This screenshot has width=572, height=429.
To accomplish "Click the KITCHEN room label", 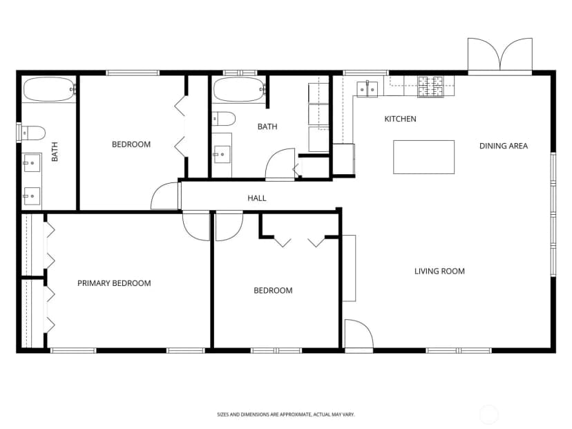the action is (x=400, y=119).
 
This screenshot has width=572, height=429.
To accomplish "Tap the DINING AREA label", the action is (x=504, y=146).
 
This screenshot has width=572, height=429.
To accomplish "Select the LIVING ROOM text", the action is (x=439, y=271).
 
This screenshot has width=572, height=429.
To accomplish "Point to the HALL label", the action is (x=257, y=198).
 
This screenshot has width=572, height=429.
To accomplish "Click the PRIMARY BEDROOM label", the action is (x=114, y=283).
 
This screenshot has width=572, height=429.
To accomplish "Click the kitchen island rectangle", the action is (x=424, y=157).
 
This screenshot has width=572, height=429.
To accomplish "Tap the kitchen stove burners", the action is (x=430, y=86).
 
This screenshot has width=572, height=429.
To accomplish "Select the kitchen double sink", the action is (x=367, y=89).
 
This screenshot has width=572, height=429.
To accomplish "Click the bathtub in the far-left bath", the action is (x=49, y=89).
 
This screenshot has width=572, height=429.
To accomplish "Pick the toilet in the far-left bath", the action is (x=33, y=133).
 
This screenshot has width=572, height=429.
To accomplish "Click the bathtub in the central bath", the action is (x=239, y=89).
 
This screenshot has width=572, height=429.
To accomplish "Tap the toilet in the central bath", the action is (x=224, y=119).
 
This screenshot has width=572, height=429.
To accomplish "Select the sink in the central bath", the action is (x=222, y=154).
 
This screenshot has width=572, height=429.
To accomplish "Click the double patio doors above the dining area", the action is (x=500, y=55).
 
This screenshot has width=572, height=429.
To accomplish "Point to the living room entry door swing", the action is (x=359, y=334).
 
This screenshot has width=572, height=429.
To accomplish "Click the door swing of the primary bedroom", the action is (x=196, y=226).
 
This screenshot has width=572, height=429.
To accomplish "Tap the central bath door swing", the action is (x=280, y=164).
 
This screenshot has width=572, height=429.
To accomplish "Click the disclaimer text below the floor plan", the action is (x=285, y=414).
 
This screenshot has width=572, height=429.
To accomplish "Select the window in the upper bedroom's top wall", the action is (x=133, y=73).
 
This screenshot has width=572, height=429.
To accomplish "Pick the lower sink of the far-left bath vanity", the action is (x=31, y=196).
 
